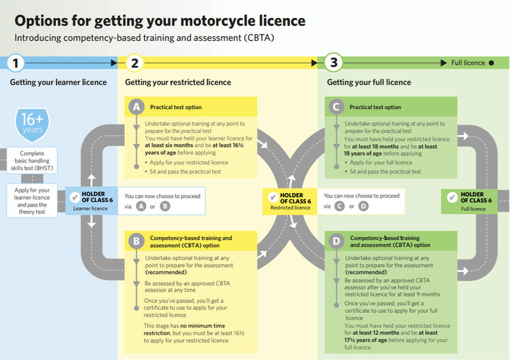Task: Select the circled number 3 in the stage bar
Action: click(333, 63)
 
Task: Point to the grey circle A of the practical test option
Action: click(135, 108)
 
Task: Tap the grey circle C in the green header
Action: click(335, 108)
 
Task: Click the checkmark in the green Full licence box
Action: click(453, 198)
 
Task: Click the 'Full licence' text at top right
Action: click(468, 63)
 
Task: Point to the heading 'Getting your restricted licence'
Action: click(178, 83)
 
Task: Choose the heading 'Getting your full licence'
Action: click(368, 83)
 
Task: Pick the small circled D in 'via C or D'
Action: click(363, 206)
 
